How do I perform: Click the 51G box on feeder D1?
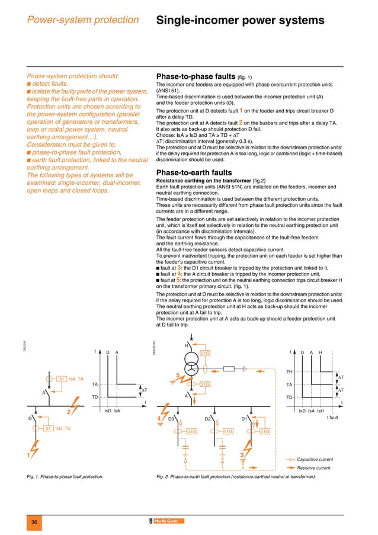click(265, 432)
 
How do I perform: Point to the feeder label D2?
click(208, 418)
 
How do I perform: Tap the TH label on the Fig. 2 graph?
click(289, 371)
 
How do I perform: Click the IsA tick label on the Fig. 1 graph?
click(117, 410)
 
